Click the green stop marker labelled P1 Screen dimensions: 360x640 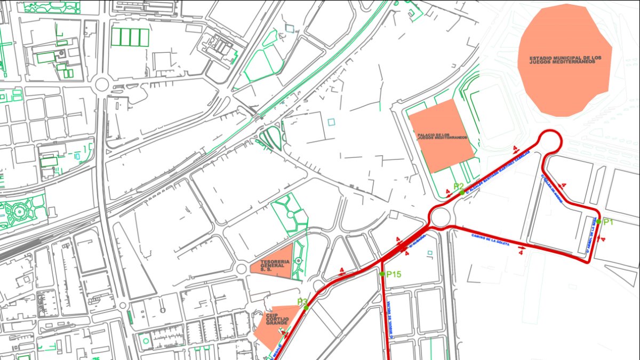[599, 221]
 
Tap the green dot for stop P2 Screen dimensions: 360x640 [462, 193]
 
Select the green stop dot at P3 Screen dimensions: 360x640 [306, 308]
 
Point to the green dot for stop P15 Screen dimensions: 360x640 [382, 274]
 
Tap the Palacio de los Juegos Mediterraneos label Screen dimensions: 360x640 [442, 137]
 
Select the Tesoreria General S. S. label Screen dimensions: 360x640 [275, 266]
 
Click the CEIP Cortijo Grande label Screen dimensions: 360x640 [277, 319]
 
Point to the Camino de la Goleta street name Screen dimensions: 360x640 [491, 239]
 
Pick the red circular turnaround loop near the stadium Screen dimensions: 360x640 [549, 143]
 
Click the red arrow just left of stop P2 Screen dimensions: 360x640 [448, 191]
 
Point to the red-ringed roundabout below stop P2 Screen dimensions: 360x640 [441, 217]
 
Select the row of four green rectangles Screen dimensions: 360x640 [130, 37]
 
